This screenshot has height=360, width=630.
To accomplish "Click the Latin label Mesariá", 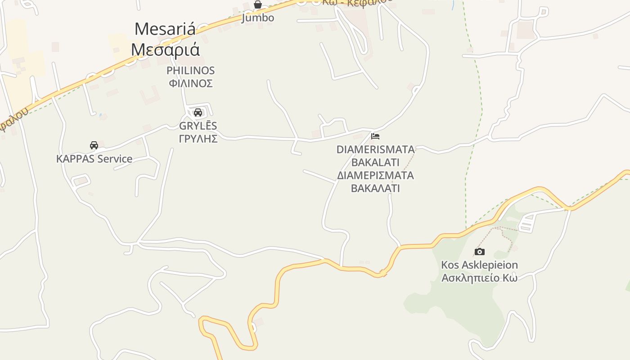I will point(165,29).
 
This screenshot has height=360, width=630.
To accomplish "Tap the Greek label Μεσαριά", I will point(165,49).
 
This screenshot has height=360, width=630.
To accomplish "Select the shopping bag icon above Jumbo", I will point(258,5).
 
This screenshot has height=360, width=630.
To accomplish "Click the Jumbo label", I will point(258,18).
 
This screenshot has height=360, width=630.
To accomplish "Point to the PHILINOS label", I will point(190,71).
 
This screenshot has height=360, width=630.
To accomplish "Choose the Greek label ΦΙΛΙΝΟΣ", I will point(190,83).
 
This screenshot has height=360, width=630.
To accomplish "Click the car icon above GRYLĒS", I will point(198,112).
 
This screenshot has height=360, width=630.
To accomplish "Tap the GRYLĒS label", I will point(198,126).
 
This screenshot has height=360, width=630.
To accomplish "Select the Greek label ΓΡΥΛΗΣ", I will point(198,139).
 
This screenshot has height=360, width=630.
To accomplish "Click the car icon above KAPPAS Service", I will point(94,145).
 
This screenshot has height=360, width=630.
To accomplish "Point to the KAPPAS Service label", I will point(94,159).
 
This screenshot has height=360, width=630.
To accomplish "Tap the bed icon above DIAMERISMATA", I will point(375,136).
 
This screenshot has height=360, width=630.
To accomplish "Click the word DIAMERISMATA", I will point(375,149).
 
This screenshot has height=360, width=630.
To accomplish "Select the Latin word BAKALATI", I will point(375,162).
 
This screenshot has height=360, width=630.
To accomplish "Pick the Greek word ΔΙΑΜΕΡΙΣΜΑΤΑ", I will point(375,175).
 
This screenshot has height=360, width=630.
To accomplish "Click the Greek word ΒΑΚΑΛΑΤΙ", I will point(375,188).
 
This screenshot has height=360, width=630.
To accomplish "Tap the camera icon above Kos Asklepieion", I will point(480,252).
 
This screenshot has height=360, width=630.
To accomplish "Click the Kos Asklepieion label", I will point(479,265).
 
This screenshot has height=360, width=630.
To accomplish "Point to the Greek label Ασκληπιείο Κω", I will point(479,278).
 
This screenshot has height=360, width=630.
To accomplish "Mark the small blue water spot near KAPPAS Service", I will point(100,115).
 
